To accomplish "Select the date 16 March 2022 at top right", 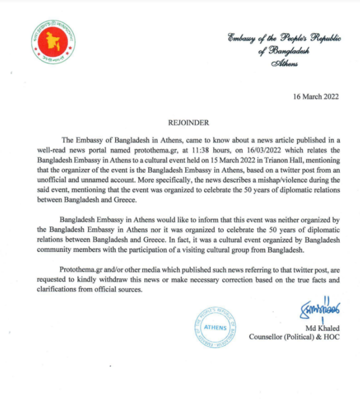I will [316, 97].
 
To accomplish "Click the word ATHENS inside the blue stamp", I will [215, 328].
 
